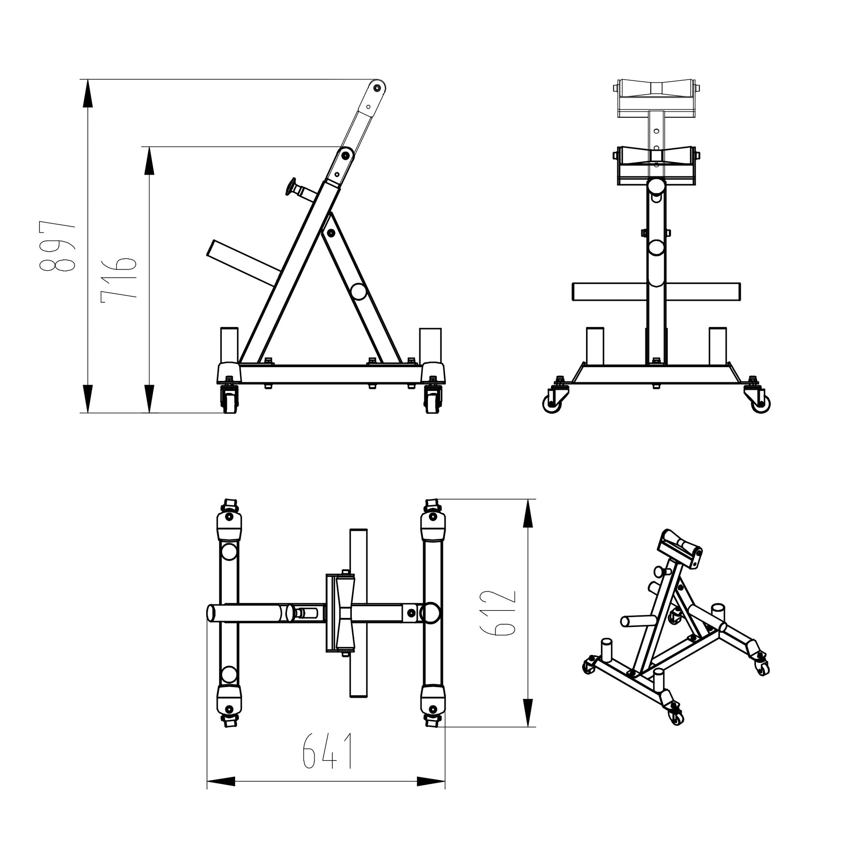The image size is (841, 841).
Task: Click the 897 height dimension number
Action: coord(57,246)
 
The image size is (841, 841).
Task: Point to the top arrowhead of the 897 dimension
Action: coord(87,93)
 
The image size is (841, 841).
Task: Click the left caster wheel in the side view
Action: coord(230,399)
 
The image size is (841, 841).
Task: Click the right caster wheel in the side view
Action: coord(432,399)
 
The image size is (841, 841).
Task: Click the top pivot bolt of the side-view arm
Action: coord(377,88)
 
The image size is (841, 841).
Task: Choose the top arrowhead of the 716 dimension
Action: coord(149,161)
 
